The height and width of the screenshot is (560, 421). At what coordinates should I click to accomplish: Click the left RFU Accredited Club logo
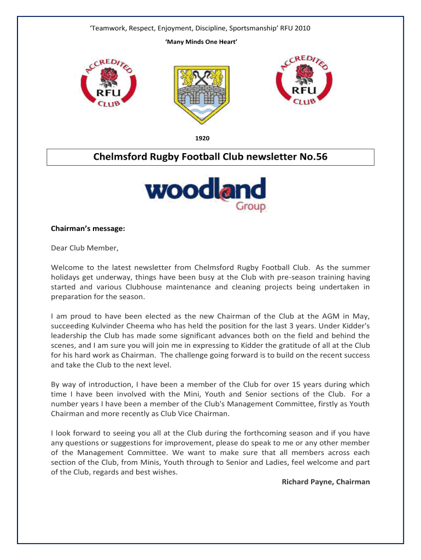pos(108,81)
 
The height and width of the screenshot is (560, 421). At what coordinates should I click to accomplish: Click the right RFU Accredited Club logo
pos(306,80)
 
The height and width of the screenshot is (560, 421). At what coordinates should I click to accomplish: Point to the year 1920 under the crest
pos(202,138)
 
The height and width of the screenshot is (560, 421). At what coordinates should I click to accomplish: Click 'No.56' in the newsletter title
pos(315,157)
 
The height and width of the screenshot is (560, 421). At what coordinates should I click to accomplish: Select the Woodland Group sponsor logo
pos(206,194)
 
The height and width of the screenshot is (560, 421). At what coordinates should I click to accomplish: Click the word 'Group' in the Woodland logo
pos(250,206)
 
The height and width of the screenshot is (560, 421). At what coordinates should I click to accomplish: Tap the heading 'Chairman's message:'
pos(84,230)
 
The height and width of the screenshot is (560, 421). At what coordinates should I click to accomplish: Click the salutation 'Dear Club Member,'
pos(84,248)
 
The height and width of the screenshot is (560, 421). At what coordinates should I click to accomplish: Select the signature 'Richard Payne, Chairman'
pos(325,482)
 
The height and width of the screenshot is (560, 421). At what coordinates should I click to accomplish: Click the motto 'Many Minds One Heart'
pos(201,42)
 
